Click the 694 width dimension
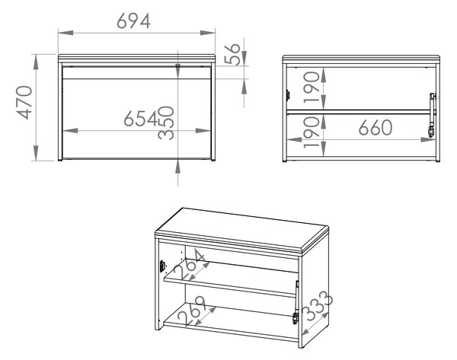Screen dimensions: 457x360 [x=133, y=21]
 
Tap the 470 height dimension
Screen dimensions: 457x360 [x=24, y=103]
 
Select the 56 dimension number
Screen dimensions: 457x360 [x=232, y=54]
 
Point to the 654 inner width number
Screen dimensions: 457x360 [x=141, y=119]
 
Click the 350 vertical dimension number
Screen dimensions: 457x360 [x=166, y=123]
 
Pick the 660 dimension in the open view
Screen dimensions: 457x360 [x=376, y=128]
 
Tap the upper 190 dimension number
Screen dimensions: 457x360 [x=312, y=88]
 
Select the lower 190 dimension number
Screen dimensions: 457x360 [x=312, y=132]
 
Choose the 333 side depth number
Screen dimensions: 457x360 [x=317, y=306]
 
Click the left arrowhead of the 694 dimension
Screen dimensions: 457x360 [x=66, y=33]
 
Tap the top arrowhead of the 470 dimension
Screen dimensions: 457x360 [x=36, y=62]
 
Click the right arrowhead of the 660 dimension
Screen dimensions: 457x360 [x=428, y=139]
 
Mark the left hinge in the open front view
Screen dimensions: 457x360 [x=288, y=95]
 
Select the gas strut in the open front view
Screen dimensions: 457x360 [x=432, y=115]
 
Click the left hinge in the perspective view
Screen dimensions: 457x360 [x=162, y=266]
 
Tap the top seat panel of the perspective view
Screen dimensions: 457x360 [x=242, y=229]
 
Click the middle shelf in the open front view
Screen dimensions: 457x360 [x=358, y=112]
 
